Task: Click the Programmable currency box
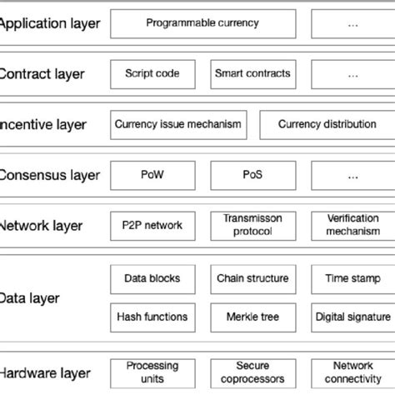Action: coord(202,22)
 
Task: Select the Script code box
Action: coord(152,73)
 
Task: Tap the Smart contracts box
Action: coord(252,73)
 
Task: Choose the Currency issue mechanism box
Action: coord(177,124)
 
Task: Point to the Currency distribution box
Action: coord(326,124)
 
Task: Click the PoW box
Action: coord(152,175)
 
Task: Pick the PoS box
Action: coord(252,175)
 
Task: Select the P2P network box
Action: coord(152,225)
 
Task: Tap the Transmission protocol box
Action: coord(252,225)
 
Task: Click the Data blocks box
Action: coord(152,277)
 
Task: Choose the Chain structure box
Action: coord(252,277)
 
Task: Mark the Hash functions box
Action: coord(152,317)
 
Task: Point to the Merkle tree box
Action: coord(252,317)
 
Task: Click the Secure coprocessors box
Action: coord(252,372)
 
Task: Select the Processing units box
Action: coord(152,372)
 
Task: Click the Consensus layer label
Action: coord(50,176)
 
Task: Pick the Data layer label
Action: coord(30,297)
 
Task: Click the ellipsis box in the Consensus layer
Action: coord(352,175)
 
